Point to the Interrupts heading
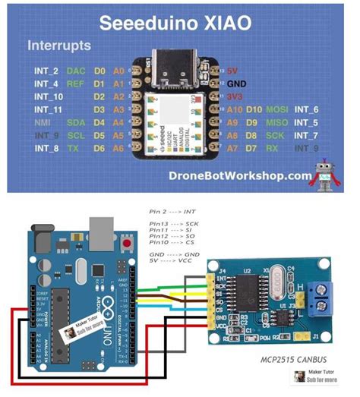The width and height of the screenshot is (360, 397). click(59, 46)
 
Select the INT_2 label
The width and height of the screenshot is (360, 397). click(46, 71)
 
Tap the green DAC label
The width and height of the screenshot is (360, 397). click(76, 71)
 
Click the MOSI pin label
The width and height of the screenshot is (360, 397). click(276, 110)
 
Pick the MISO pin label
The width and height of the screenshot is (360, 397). click(276, 123)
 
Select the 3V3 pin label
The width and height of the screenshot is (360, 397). click(235, 97)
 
